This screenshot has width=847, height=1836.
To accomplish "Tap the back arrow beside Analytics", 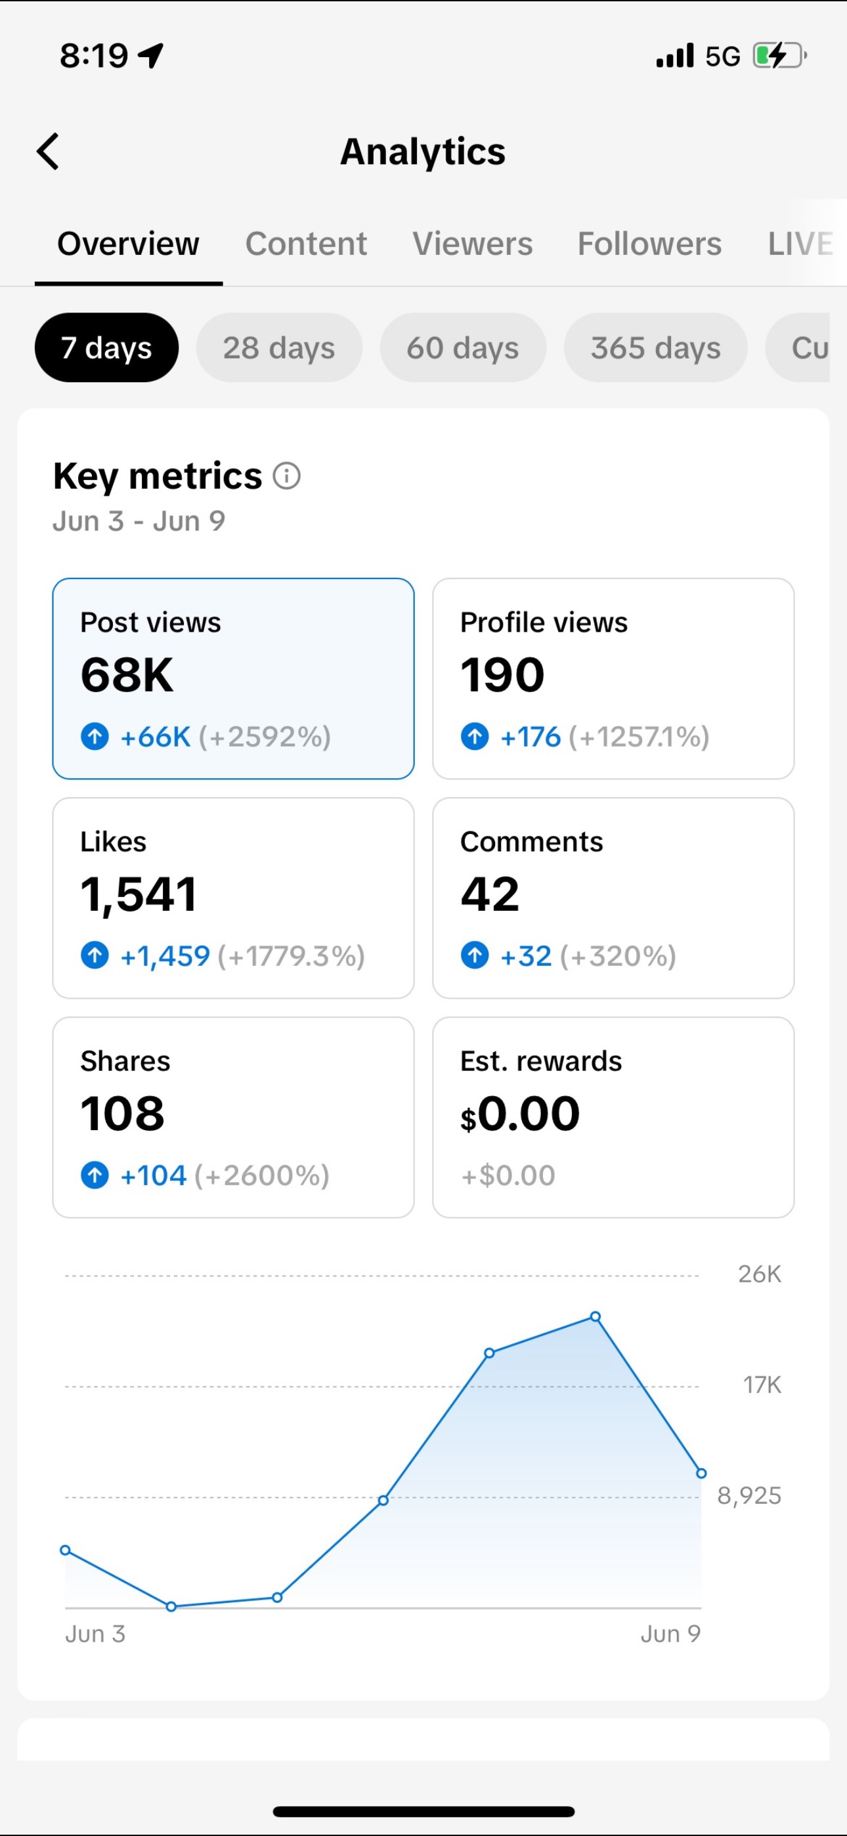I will pyautogui.click(x=48, y=151).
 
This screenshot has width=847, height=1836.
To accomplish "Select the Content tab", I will pyautogui.click(x=306, y=244).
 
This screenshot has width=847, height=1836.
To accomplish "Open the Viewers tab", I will pyautogui.click(x=472, y=244).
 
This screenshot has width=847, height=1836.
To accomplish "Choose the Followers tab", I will pyautogui.click(x=649, y=244).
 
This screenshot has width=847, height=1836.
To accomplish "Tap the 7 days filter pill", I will pyautogui.click(x=106, y=348).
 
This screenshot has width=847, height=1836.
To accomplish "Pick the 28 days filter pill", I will pyautogui.click(x=279, y=348).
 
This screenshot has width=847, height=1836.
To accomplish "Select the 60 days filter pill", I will pyautogui.click(x=463, y=348).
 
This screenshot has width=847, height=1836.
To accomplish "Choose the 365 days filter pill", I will pyautogui.click(x=655, y=348).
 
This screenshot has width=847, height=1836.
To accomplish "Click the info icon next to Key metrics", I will pyautogui.click(x=287, y=475).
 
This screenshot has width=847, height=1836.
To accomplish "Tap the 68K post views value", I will pyautogui.click(x=127, y=674).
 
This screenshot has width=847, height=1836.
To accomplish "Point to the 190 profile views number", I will pyautogui.click(x=502, y=674).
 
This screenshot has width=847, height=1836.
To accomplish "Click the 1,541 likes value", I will pyautogui.click(x=139, y=894).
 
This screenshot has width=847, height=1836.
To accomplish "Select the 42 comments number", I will pyautogui.click(x=490, y=894).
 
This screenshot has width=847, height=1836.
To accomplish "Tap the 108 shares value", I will pyautogui.click(x=123, y=1113).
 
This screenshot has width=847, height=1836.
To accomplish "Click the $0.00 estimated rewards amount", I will pyautogui.click(x=520, y=1113).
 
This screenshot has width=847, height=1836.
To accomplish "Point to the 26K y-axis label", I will pyautogui.click(x=759, y=1274).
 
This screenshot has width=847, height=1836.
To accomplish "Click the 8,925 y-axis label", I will pyautogui.click(x=749, y=1495).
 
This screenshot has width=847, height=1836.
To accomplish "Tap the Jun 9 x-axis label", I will pyautogui.click(x=670, y=1634).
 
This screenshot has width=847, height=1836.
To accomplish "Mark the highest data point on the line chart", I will pyautogui.click(x=596, y=1317).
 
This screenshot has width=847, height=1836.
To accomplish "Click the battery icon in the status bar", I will pyautogui.click(x=779, y=56).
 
